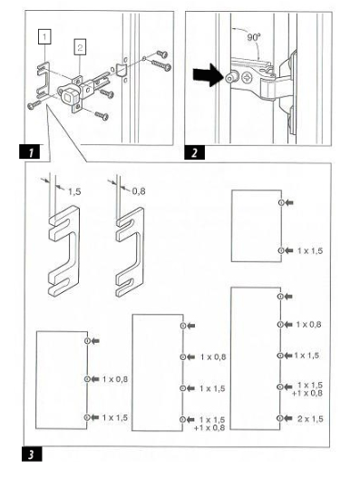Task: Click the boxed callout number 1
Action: [44, 36]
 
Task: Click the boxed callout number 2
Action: [80, 47]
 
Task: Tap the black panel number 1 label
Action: [30, 152]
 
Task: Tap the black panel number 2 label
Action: [194, 152]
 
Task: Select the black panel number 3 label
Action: [32, 454]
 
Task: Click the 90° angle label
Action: [254, 37]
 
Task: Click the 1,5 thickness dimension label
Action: [74, 191]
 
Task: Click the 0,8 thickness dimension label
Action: [139, 191]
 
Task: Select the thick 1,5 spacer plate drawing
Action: [64, 251]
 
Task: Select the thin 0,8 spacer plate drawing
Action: [130, 252]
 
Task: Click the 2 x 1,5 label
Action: [310, 419]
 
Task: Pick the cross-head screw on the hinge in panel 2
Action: [247, 78]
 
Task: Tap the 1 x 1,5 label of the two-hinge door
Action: [310, 250]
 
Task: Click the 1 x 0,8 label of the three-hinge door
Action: [115, 379]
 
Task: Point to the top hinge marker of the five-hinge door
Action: [280, 297]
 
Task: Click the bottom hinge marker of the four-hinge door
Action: [183, 419]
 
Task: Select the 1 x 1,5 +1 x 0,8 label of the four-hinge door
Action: [209, 424]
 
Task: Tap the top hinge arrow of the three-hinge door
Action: [95, 340]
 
